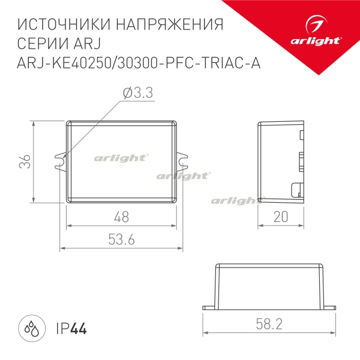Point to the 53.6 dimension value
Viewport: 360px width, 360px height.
tap(121, 239)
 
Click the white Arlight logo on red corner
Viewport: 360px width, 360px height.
tap(322, 32)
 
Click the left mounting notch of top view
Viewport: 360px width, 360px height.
tap(61, 160)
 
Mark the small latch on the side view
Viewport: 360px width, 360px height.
tap(296, 189)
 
